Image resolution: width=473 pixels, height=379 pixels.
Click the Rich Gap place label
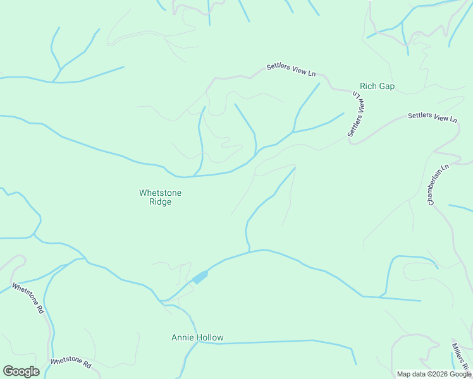coord(377,86)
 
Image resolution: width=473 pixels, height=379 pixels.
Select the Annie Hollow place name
coord(197,337)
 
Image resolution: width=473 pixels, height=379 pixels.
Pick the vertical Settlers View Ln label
coord(357,114)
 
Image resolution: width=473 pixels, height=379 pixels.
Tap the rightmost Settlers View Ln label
coord(433,117)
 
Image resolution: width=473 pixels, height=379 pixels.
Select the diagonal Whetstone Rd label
coord(28,298)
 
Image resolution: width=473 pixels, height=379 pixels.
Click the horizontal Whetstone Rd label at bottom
coord(71,363)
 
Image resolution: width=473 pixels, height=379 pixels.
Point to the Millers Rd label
coord(460,356)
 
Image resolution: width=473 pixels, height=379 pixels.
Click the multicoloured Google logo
coord(21,371)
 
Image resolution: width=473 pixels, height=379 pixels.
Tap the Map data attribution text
coord(434,374)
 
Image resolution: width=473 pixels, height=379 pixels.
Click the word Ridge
coord(160,202)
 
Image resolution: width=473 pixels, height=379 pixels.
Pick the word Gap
coord(386,86)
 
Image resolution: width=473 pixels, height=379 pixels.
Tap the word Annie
coord(182,337)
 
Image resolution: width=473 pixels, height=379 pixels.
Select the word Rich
coord(367,86)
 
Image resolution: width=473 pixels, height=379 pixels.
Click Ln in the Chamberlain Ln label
coord(445,169)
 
